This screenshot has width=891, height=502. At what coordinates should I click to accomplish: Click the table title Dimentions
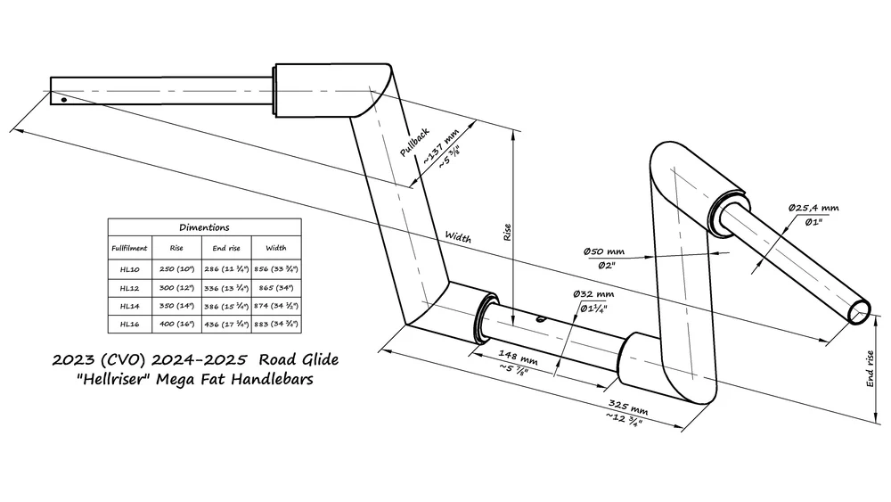tap(204, 227)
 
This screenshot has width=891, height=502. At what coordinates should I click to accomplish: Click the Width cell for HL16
tap(276, 324)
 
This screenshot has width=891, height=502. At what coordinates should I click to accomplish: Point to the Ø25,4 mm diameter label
tap(813, 208)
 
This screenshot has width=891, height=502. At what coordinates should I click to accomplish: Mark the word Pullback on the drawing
tap(414, 141)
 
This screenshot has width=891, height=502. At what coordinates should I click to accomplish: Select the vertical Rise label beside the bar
tap(508, 234)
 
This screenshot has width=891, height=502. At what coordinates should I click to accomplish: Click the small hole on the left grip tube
tap(63, 99)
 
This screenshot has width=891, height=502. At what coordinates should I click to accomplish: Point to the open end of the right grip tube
tap(861, 309)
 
